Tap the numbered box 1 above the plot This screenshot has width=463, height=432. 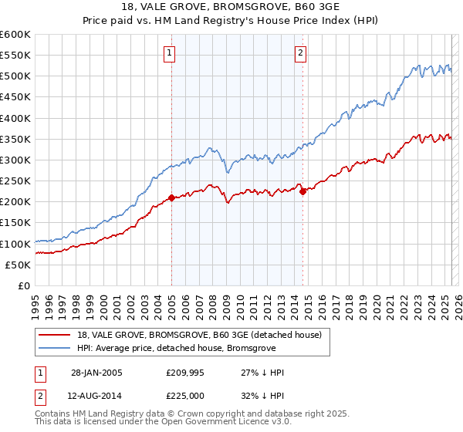(x=169, y=53)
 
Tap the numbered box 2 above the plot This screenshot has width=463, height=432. (x=299, y=53)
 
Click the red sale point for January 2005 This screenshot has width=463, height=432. (x=171, y=197)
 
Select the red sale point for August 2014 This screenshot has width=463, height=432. (x=302, y=191)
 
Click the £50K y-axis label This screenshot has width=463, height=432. (x=19, y=265)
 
